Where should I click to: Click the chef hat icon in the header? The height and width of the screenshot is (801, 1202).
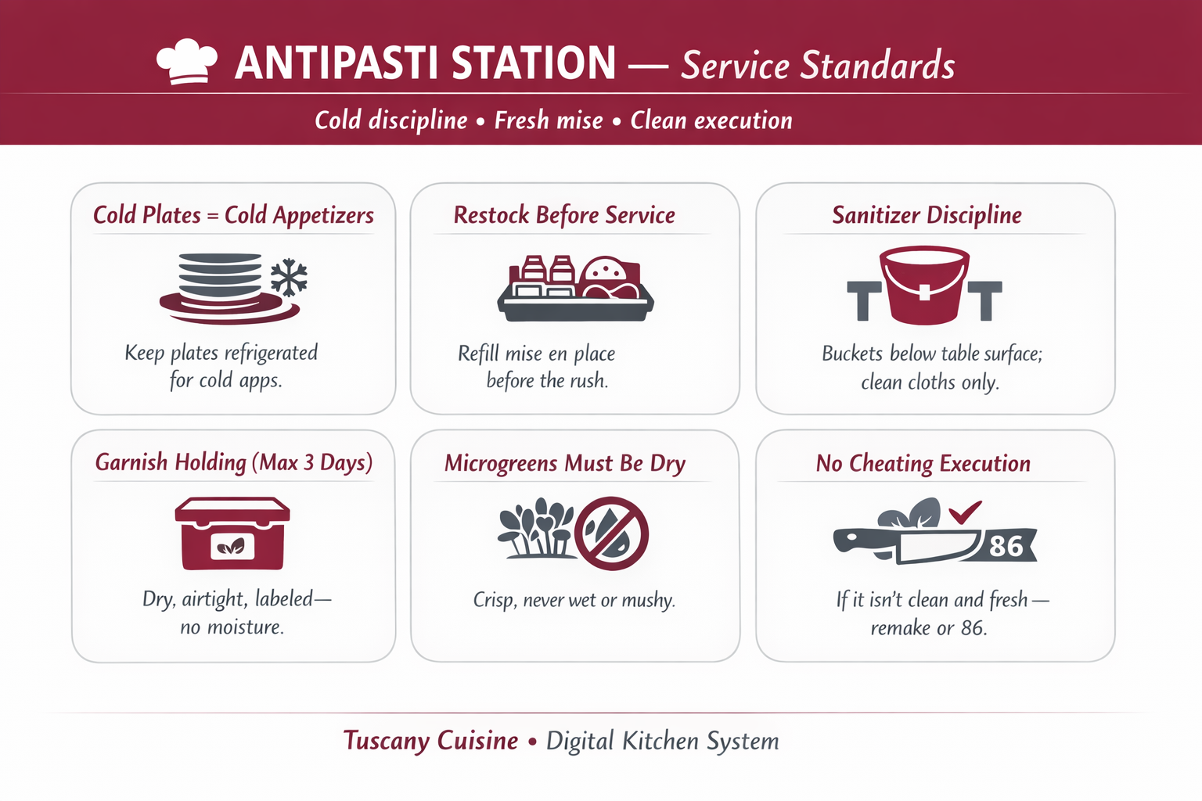pyautogui.click(x=187, y=61)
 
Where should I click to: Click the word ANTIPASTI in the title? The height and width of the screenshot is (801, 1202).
pyautogui.click(x=337, y=63)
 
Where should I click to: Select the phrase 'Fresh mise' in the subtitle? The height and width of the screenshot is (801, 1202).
pyautogui.click(x=549, y=120)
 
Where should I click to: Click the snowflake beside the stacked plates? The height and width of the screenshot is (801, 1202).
pyautogui.click(x=289, y=278)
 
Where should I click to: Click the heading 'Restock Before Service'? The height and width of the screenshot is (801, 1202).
pyautogui.click(x=564, y=215)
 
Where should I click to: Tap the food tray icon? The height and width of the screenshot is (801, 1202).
pyautogui.click(x=575, y=289)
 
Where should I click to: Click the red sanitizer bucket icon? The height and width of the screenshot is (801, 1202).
pyautogui.click(x=924, y=285)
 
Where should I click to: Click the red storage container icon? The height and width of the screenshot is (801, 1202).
pyautogui.click(x=232, y=533)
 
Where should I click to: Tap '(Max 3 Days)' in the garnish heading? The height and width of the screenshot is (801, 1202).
pyautogui.click(x=311, y=463)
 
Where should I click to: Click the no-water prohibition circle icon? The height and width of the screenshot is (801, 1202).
pyautogui.click(x=611, y=533)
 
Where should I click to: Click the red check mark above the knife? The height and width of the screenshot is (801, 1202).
pyautogui.click(x=965, y=512)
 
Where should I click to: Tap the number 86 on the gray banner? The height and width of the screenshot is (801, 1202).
pyautogui.click(x=1006, y=547)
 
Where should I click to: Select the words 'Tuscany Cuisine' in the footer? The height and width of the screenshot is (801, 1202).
pyautogui.click(x=430, y=741)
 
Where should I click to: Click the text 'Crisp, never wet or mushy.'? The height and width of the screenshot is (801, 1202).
pyautogui.click(x=574, y=600)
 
